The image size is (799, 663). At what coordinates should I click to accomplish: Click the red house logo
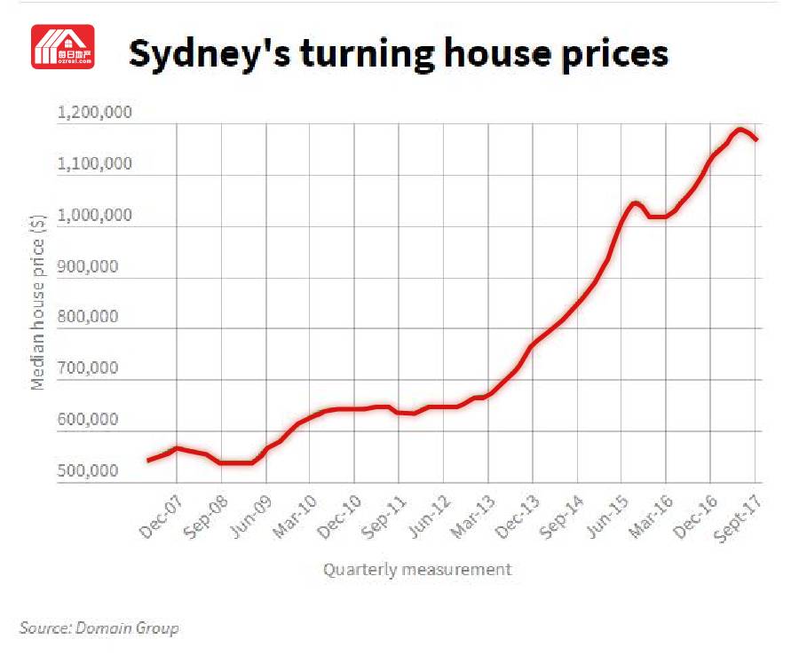pyautogui.click(x=63, y=46)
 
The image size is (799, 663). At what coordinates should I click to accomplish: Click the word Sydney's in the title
pyautogui.click(x=210, y=54)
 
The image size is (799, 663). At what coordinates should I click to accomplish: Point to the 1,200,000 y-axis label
pyautogui.click(x=94, y=112)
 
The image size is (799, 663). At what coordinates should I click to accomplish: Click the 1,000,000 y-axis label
pyautogui.click(x=94, y=215)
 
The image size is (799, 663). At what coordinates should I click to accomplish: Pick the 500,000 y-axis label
pyautogui.click(x=88, y=470)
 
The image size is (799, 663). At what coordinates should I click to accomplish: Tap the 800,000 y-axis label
pyautogui.click(x=88, y=317)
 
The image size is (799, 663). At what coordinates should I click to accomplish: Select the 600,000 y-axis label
pyautogui.click(x=88, y=420)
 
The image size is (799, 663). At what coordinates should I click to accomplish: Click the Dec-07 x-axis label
pyautogui.click(x=161, y=517)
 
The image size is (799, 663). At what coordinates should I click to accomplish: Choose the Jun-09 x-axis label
pyautogui.click(x=250, y=517)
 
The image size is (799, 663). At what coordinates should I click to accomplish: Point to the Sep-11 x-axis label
pyautogui.click(x=384, y=517)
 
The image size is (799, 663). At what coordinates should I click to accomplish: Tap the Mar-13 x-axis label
pyautogui.click(x=473, y=517)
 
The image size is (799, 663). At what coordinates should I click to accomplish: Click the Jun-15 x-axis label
pyautogui.click(x=606, y=517)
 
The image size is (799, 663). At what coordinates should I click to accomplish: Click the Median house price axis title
pyautogui.click(x=37, y=302)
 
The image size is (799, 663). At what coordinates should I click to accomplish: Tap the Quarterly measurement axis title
pyautogui.click(x=417, y=569)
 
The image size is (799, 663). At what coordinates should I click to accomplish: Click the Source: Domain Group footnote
pyautogui.click(x=99, y=627)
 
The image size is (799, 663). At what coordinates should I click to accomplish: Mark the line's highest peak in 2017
pyautogui.click(x=740, y=130)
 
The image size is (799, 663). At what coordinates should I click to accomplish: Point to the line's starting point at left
pyautogui.click(x=148, y=460)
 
